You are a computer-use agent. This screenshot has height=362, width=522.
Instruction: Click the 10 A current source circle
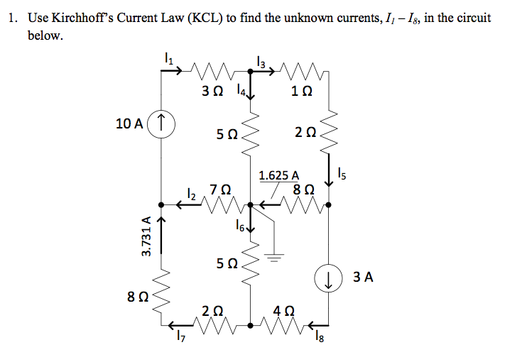163,123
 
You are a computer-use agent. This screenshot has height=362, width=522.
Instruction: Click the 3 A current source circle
328,278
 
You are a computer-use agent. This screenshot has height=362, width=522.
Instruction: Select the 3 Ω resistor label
212,92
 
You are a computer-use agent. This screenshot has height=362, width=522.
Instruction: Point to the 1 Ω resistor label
302,92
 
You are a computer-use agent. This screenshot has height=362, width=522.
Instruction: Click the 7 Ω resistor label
220,190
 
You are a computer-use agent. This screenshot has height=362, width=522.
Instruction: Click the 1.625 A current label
278,175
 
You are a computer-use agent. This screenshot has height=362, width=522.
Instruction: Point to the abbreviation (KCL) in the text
204,18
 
